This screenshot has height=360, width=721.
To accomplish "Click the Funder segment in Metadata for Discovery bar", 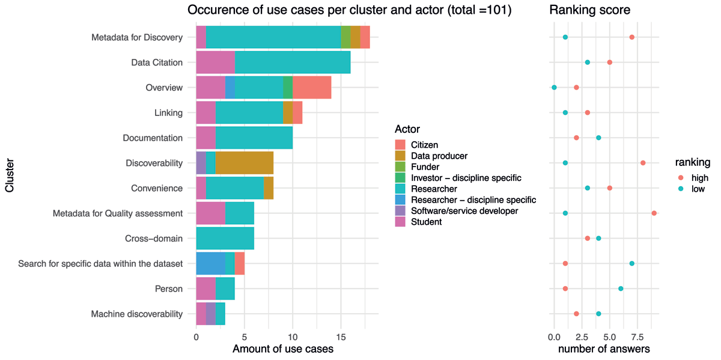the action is coord(345,37).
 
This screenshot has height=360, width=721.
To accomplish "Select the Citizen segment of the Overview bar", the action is coord(312,87).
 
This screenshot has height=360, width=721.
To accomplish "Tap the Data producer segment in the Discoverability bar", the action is coord(245,163).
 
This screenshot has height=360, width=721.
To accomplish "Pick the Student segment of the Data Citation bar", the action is coord(215,62).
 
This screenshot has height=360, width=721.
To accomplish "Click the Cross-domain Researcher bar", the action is coord(225,238).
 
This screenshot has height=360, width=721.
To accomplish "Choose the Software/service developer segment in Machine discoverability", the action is coord(210,314).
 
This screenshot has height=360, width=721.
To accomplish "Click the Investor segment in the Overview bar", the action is coord(288,87).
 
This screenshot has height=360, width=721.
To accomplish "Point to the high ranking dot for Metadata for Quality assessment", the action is coord(654,213).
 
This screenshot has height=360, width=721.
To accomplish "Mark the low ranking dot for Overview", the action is coord(554,87).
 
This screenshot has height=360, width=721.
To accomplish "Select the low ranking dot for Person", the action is coord(621,288).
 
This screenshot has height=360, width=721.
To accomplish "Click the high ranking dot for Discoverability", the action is coord(643,163).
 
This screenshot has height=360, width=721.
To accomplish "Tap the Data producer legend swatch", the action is coord(400,156).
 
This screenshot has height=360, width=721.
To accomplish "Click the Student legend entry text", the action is coord(427,222).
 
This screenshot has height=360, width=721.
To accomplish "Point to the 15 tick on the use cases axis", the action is coord(341,337).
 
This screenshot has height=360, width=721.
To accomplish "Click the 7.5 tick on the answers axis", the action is coord(637,337).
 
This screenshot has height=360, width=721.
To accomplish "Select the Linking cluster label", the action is coord(168,113).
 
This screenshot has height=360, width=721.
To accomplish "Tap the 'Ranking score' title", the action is coord(589,10).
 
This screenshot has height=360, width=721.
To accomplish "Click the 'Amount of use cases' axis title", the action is coord(283,349).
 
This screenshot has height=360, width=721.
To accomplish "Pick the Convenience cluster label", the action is coord(157,188).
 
